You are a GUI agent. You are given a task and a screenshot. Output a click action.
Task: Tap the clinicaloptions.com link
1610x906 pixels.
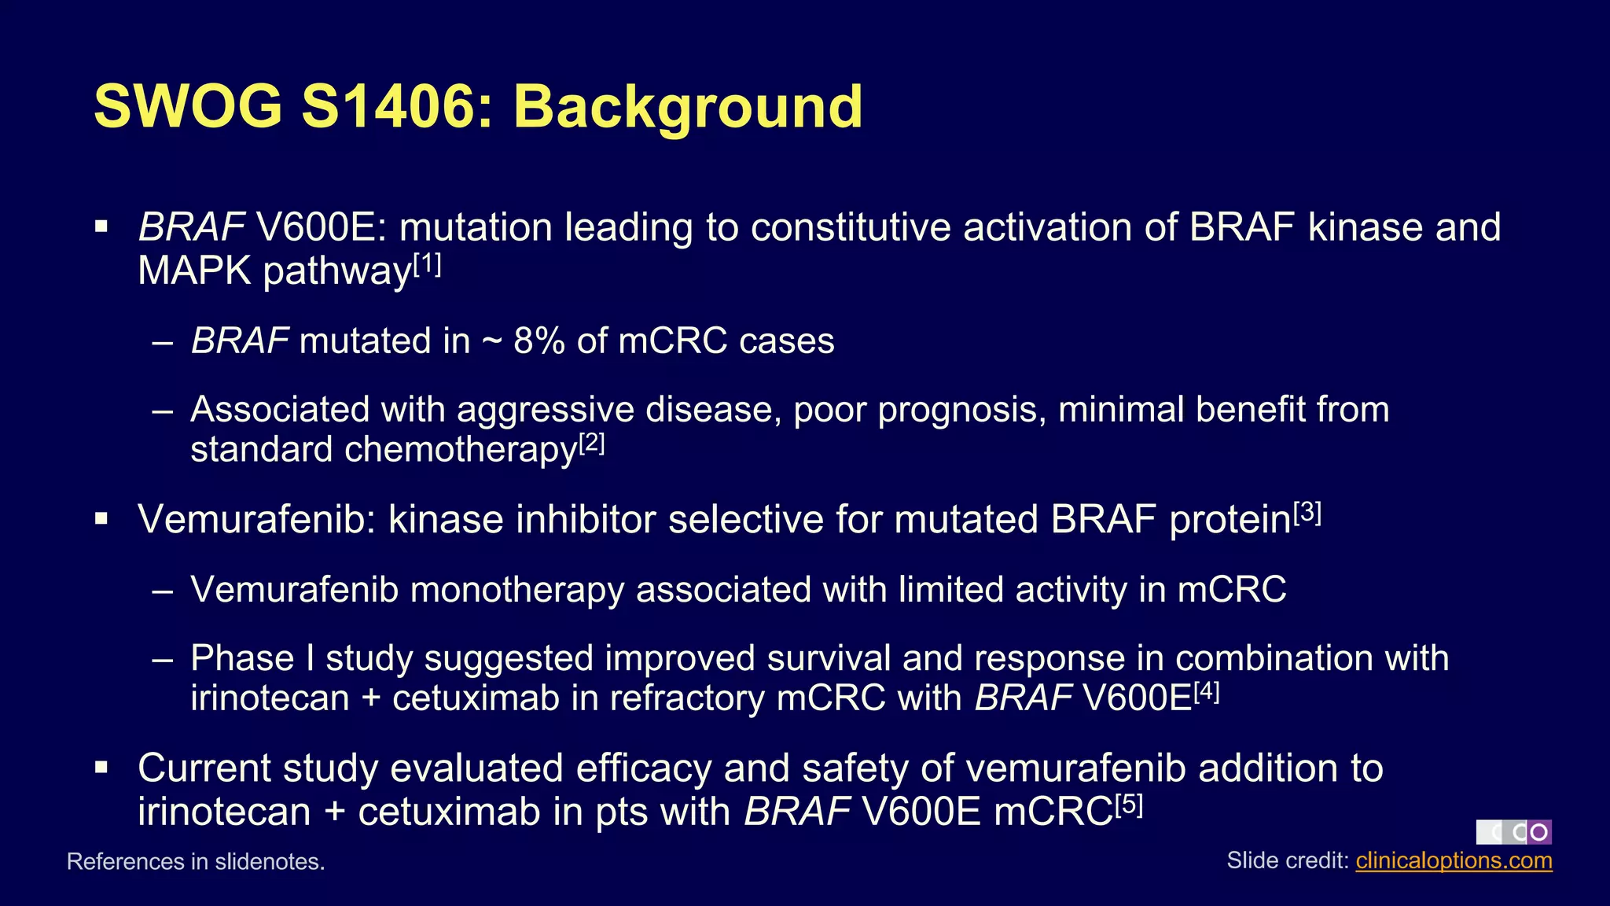pos(1454,860)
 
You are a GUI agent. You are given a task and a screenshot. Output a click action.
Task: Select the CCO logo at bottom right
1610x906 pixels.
pos(1513,832)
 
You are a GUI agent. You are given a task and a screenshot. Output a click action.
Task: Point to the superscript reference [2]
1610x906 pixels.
pos(591,444)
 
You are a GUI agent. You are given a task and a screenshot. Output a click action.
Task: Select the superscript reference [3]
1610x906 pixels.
pos(1307,513)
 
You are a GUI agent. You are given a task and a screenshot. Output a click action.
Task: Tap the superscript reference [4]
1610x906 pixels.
pos(1206,692)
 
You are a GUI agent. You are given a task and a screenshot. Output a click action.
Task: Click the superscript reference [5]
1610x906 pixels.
pos(1129,805)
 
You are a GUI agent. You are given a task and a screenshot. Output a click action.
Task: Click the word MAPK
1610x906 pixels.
pos(194,271)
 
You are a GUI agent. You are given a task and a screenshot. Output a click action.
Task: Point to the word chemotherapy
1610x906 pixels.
pos(461,451)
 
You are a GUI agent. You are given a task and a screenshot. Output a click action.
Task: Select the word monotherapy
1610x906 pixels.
pos(516,590)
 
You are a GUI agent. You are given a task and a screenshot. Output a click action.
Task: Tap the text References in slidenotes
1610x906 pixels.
pos(196,862)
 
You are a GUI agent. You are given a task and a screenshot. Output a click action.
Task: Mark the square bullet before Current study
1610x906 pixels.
pos(101,768)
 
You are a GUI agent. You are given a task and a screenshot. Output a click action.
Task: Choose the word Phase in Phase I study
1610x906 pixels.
pos(242,658)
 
